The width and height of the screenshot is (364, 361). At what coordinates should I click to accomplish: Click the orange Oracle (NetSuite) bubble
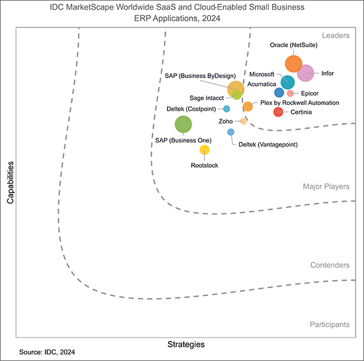(294, 63)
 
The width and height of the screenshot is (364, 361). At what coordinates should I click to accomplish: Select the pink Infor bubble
(305, 73)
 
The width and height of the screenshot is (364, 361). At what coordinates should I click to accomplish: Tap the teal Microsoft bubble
(288, 82)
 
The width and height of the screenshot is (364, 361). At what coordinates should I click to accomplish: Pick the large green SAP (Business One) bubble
(183, 124)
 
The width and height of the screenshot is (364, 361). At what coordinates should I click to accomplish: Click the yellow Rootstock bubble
(204, 150)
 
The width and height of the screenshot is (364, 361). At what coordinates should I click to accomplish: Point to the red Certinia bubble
(278, 111)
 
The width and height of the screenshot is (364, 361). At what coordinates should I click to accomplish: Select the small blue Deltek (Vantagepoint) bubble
(231, 132)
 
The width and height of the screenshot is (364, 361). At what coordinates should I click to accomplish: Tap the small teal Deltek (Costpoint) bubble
(226, 109)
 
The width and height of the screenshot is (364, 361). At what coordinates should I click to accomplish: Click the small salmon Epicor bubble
(290, 93)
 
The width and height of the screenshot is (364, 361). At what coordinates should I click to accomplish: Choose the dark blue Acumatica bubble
(279, 93)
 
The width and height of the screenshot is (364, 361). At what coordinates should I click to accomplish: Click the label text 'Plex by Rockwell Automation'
(299, 103)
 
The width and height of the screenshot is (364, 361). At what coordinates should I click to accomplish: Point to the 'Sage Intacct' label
(206, 98)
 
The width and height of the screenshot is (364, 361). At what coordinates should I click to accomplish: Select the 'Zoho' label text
(225, 121)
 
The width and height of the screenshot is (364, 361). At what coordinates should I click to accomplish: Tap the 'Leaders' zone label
(336, 36)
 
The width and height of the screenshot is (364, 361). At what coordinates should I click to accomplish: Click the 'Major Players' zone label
(326, 187)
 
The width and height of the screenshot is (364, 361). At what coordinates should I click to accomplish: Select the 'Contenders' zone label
(329, 265)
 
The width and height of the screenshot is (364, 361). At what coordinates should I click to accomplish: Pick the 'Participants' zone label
(329, 324)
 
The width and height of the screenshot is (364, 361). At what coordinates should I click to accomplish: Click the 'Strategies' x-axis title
(186, 344)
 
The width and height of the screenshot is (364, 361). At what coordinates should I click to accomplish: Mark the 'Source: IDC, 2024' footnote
(47, 352)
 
